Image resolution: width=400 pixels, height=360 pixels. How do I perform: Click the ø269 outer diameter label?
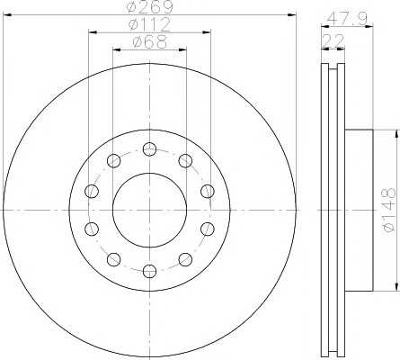(x=149, y=7)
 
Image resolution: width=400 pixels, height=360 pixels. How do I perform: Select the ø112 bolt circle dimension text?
(x=149, y=25)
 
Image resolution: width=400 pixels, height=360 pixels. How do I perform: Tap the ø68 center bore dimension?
(x=149, y=42)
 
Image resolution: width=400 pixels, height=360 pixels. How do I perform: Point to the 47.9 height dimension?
(x=347, y=19)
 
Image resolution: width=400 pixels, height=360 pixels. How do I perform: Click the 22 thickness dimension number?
(x=333, y=41)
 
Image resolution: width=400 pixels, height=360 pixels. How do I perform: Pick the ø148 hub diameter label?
(x=389, y=210)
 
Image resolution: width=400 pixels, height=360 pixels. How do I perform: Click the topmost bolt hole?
(x=149, y=148)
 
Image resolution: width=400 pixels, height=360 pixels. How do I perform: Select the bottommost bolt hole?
(x=149, y=271)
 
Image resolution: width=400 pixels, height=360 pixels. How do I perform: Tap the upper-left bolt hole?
(x=113, y=160)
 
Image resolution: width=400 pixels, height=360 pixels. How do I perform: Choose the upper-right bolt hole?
(x=185, y=160)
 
